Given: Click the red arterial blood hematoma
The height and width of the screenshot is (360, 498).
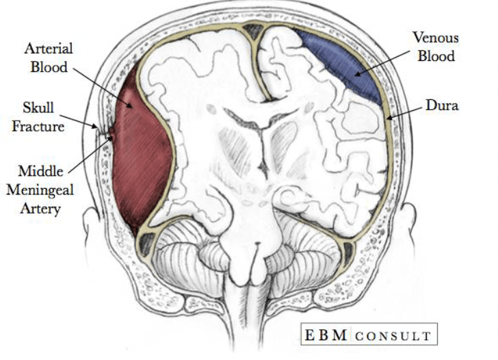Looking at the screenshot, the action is click(140, 149).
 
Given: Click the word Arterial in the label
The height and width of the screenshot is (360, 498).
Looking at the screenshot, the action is click(49, 49).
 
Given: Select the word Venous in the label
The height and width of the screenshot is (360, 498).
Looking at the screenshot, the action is click(436, 38).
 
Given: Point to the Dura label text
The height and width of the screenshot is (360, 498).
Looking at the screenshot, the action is click(442, 105).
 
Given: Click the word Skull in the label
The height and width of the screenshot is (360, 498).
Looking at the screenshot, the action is click(38, 107).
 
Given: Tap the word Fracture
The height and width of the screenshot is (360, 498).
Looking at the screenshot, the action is click(38, 127).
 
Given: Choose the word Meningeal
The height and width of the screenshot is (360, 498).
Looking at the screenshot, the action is click(40, 190).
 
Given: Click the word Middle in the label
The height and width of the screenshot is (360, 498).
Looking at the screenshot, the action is click(40, 171).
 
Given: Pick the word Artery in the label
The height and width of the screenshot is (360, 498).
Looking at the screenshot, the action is click(40, 209).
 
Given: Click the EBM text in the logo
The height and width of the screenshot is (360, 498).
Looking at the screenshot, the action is click(326, 335).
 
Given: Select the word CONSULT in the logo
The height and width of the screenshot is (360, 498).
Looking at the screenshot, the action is click(393, 336).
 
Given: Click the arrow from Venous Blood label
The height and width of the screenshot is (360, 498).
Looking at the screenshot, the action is click(382, 63).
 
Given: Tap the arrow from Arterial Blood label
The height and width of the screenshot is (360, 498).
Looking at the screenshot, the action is click(103, 88).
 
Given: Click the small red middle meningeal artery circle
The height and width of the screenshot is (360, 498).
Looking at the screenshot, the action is click(112, 130).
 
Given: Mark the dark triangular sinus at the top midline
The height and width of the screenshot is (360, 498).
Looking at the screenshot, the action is click(253, 31).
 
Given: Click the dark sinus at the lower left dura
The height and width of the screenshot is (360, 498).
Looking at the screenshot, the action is click(146, 244).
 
